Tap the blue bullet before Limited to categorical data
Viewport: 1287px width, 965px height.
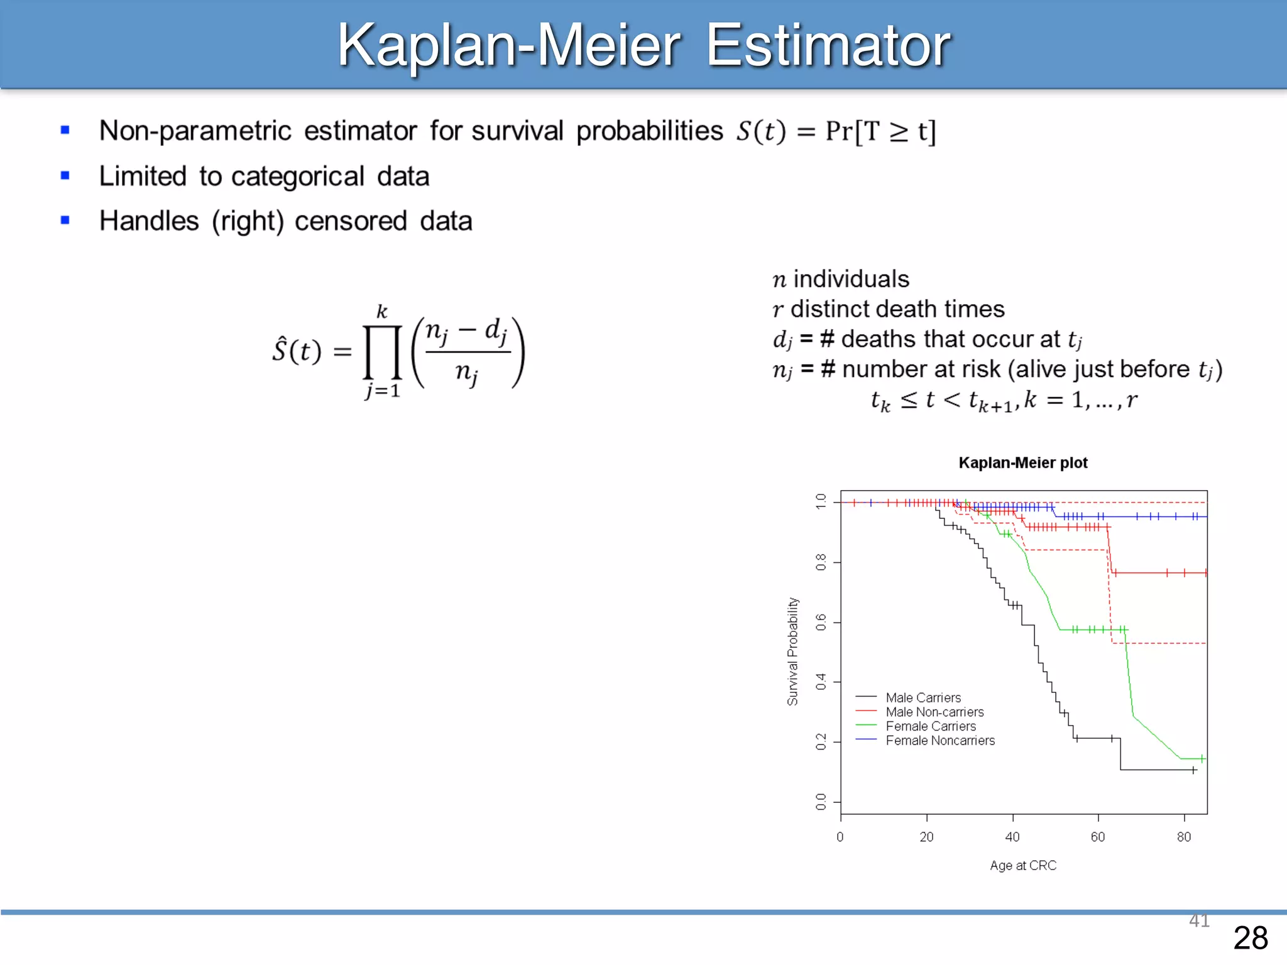pyautogui.click(x=65, y=175)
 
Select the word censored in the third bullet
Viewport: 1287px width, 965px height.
pyautogui.click(x=351, y=221)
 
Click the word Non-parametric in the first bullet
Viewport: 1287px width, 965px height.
pyautogui.click(x=195, y=131)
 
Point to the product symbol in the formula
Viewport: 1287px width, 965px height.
pyautogui.click(x=382, y=352)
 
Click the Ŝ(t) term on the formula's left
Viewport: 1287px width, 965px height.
pyautogui.click(x=296, y=350)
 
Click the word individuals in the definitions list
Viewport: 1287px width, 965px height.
pyautogui.click(x=851, y=279)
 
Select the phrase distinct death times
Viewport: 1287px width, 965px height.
pyautogui.click(x=897, y=309)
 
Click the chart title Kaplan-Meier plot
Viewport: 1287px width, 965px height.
pyautogui.click(x=1022, y=463)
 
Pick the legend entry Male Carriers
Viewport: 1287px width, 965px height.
pyautogui.click(x=923, y=697)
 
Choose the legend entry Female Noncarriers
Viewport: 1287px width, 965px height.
pyautogui.click(x=939, y=740)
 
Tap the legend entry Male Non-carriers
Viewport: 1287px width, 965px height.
pyautogui.click(x=934, y=712)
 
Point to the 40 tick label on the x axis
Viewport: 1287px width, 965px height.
pyautogui.click(x=1012, y=837)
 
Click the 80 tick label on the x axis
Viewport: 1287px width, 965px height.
pyautogui.click(x=1184, y=837)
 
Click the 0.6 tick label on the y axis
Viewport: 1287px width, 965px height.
pyautogui.click(x=821, y=623)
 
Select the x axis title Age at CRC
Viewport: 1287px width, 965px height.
pyautogui.click(x=1022, y=865)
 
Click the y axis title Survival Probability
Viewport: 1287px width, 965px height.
pyautogui.click(x=792, y=651)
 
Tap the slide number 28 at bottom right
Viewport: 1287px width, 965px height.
pyautogui.click(x=1250, y=938)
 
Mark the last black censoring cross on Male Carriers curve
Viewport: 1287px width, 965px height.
pyautogui.click(x=1193, y=770)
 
